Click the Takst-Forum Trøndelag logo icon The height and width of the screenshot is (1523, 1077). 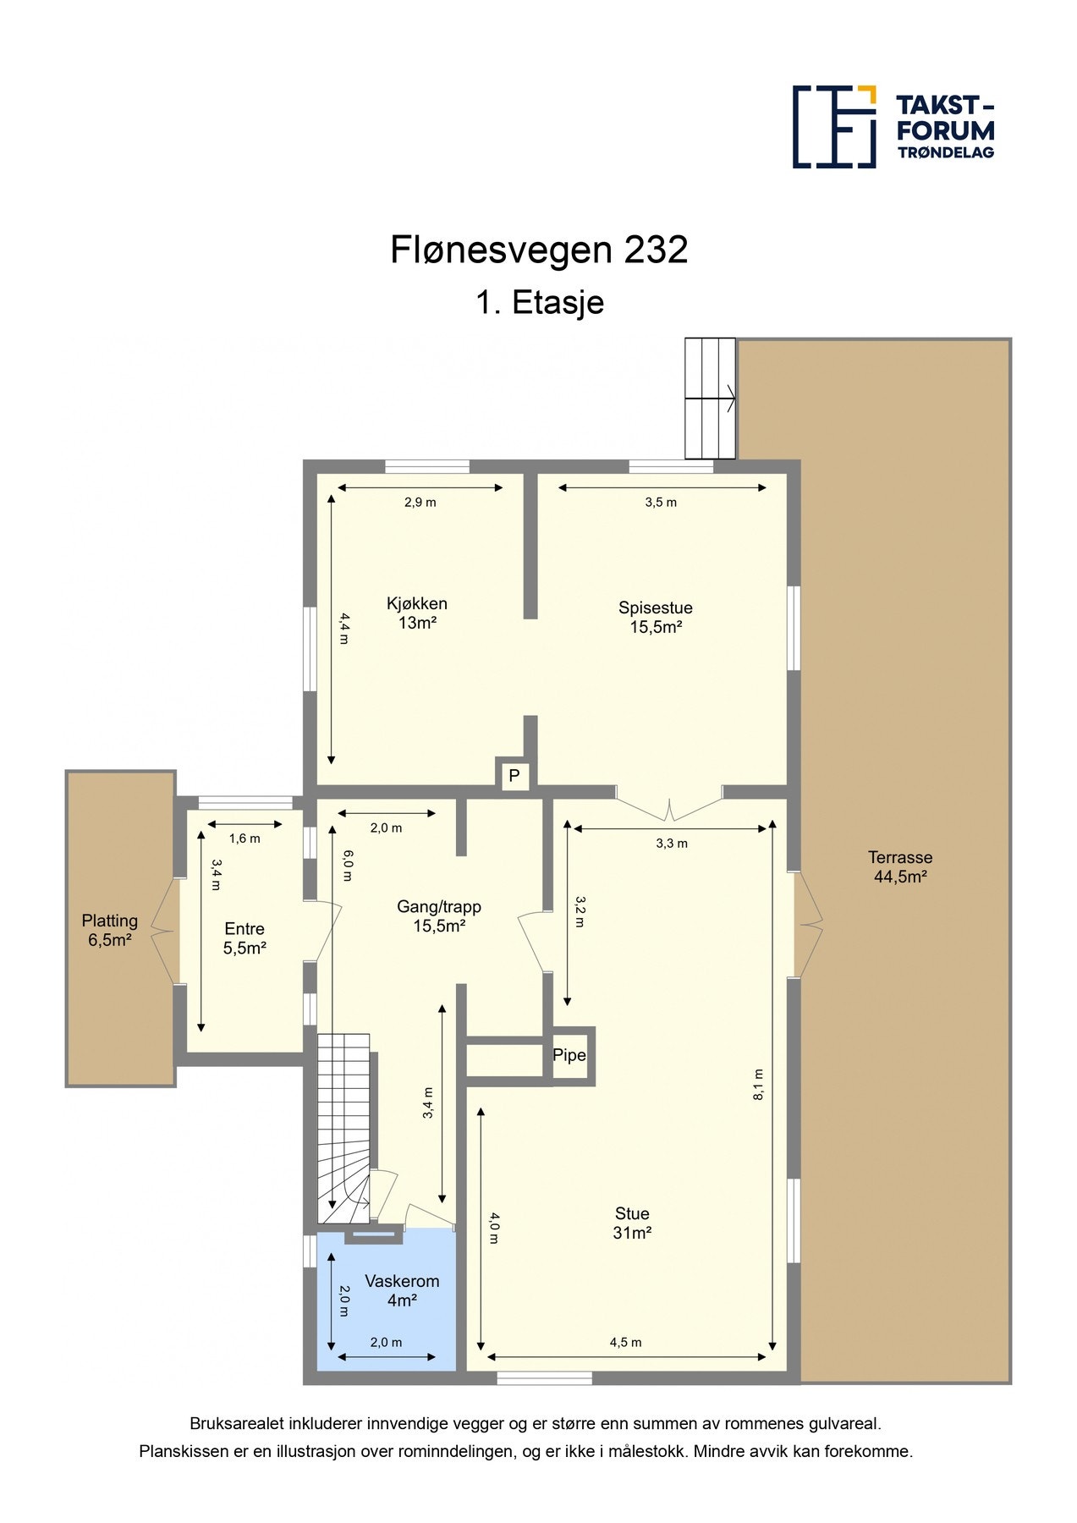(x=833, y=127)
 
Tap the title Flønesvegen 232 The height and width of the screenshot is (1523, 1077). (x=538, y=250)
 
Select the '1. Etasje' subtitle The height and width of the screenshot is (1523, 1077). (x=539, y=302)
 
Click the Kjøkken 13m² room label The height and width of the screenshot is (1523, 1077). (x=416, y=613)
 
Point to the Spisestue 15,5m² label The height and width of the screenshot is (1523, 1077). (x=655, y=617)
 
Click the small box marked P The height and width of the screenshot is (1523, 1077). (x=514, y=775)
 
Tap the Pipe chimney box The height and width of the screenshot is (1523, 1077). (x=569, y=1055)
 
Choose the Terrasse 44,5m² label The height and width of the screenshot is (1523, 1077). (x=899, y=866)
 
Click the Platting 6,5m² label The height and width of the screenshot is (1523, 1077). (x=110, y=930)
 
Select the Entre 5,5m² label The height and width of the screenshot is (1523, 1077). (x=245, y=938)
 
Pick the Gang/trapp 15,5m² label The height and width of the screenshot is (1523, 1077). (x=439, y=916)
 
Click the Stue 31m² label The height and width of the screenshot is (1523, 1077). (x=632, y=1223)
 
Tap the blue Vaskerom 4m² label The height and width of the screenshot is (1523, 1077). (x=402, y=1291)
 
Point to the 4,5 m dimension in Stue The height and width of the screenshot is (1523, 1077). (x=625, y=1342)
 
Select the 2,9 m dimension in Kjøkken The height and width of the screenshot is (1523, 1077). (x=420, y=502)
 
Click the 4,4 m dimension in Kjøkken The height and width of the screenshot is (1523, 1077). (x=343, y=628)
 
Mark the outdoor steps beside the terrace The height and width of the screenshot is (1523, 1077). (x=710, y=398)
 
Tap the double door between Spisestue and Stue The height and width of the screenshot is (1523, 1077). (x=669, y=804)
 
